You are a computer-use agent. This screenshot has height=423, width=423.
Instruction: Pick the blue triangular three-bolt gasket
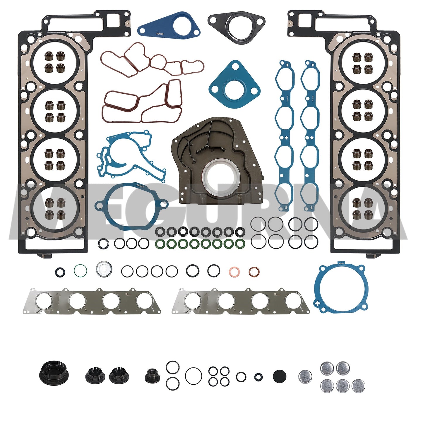234,85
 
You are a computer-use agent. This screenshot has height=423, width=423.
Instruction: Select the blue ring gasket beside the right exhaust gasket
340,287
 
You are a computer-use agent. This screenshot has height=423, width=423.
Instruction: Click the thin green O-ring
80,270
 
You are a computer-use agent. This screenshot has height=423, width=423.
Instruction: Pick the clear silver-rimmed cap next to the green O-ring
103,269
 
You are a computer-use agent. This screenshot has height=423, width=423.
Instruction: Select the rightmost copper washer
254,272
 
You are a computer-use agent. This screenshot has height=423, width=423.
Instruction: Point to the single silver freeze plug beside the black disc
305,377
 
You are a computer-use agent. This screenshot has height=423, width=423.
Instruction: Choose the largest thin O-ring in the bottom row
193,376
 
